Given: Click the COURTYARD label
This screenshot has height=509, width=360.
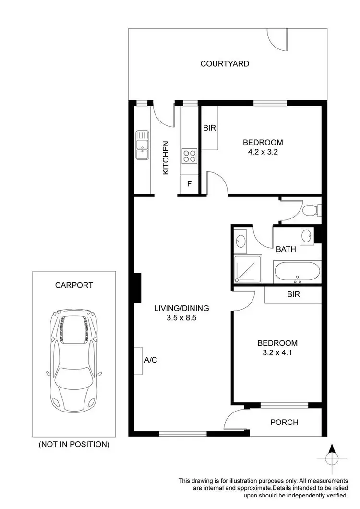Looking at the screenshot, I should pyautogui.click(x=225, y=63).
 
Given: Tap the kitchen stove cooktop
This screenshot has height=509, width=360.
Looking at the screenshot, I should pyautogui.click(x=189, y=156).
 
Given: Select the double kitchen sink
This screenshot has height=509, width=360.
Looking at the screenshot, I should pyautogui.click(x=142, y=145).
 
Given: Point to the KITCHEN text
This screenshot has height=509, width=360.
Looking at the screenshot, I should pyautogui.click(x=166, y=158).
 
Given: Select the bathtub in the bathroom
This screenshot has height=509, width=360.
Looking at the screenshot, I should pyautogui.click(x=296, y=272).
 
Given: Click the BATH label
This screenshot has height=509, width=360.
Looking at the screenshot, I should pyautogui.click(x=286, y=250).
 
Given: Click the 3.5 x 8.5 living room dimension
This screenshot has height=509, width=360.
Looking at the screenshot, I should pyautogui.click(x=181, y=318).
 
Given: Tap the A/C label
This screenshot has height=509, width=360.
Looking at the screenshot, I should pyautogui.click(x=150, y=360).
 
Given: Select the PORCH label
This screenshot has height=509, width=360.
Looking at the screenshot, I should pyautogui.click(x=284, y=423).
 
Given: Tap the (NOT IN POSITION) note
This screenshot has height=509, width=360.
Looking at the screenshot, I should pyautogui.click(x=74, y=445).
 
